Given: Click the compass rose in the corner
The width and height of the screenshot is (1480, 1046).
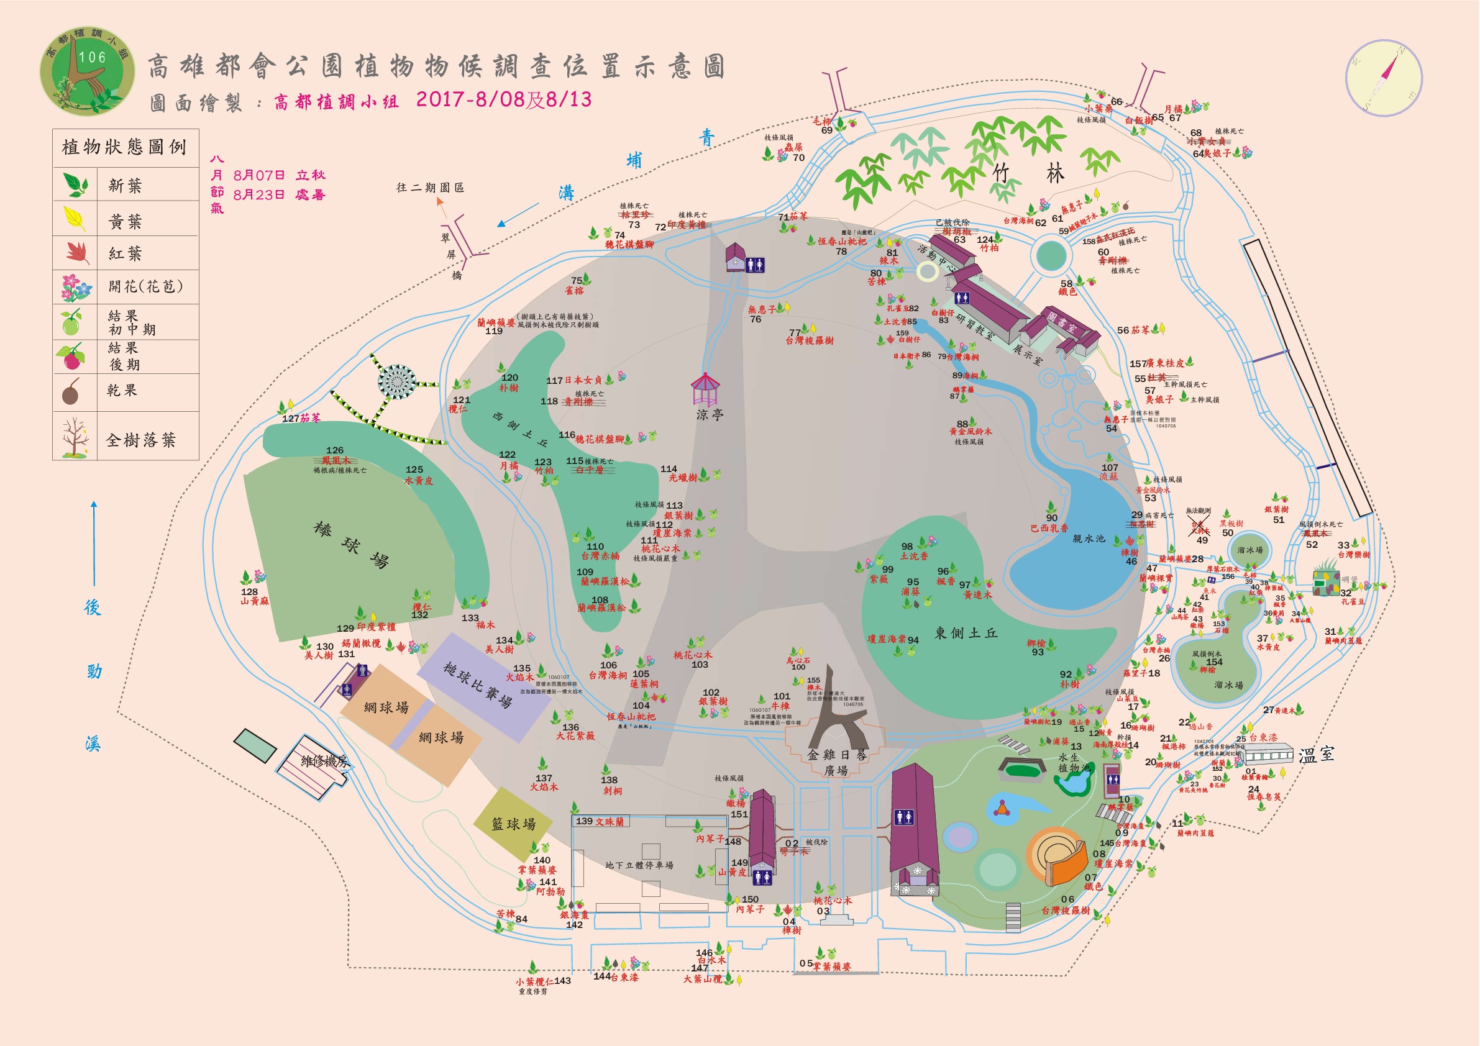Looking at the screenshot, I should [x=1383, y=78].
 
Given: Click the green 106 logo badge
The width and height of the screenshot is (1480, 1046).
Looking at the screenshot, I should [x=88, y=71].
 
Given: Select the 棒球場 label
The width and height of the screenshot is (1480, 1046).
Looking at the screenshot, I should [x=351, y=545].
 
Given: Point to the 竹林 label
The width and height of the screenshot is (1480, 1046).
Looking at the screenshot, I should [x=1028, y=173].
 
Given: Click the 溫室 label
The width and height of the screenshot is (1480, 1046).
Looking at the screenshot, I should [x=1315, y=755].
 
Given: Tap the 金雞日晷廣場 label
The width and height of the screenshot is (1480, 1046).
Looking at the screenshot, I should [x=836, y=762].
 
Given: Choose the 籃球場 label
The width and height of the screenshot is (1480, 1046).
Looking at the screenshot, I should [x=513, y=824].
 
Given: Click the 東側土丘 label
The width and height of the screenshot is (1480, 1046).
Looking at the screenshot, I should [x=966, y=633].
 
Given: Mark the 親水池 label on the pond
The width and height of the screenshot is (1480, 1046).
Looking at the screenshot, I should [x=1088, y=538].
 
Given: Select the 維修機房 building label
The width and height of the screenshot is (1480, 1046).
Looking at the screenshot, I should [x=324, y=761].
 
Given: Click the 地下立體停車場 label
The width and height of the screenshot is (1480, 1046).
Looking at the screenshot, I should [x=639, y=865].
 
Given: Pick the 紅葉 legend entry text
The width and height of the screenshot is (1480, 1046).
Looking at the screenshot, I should [x=124, y=253].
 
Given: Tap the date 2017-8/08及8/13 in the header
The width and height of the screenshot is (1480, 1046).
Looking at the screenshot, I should [x=503, y=99].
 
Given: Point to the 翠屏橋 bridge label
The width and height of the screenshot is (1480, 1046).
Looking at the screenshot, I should [x=451, y=255].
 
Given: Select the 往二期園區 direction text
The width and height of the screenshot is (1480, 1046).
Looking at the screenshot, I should [x=430, y=188].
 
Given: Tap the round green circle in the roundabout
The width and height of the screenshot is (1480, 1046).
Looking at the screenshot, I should [x=1051, y=256].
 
